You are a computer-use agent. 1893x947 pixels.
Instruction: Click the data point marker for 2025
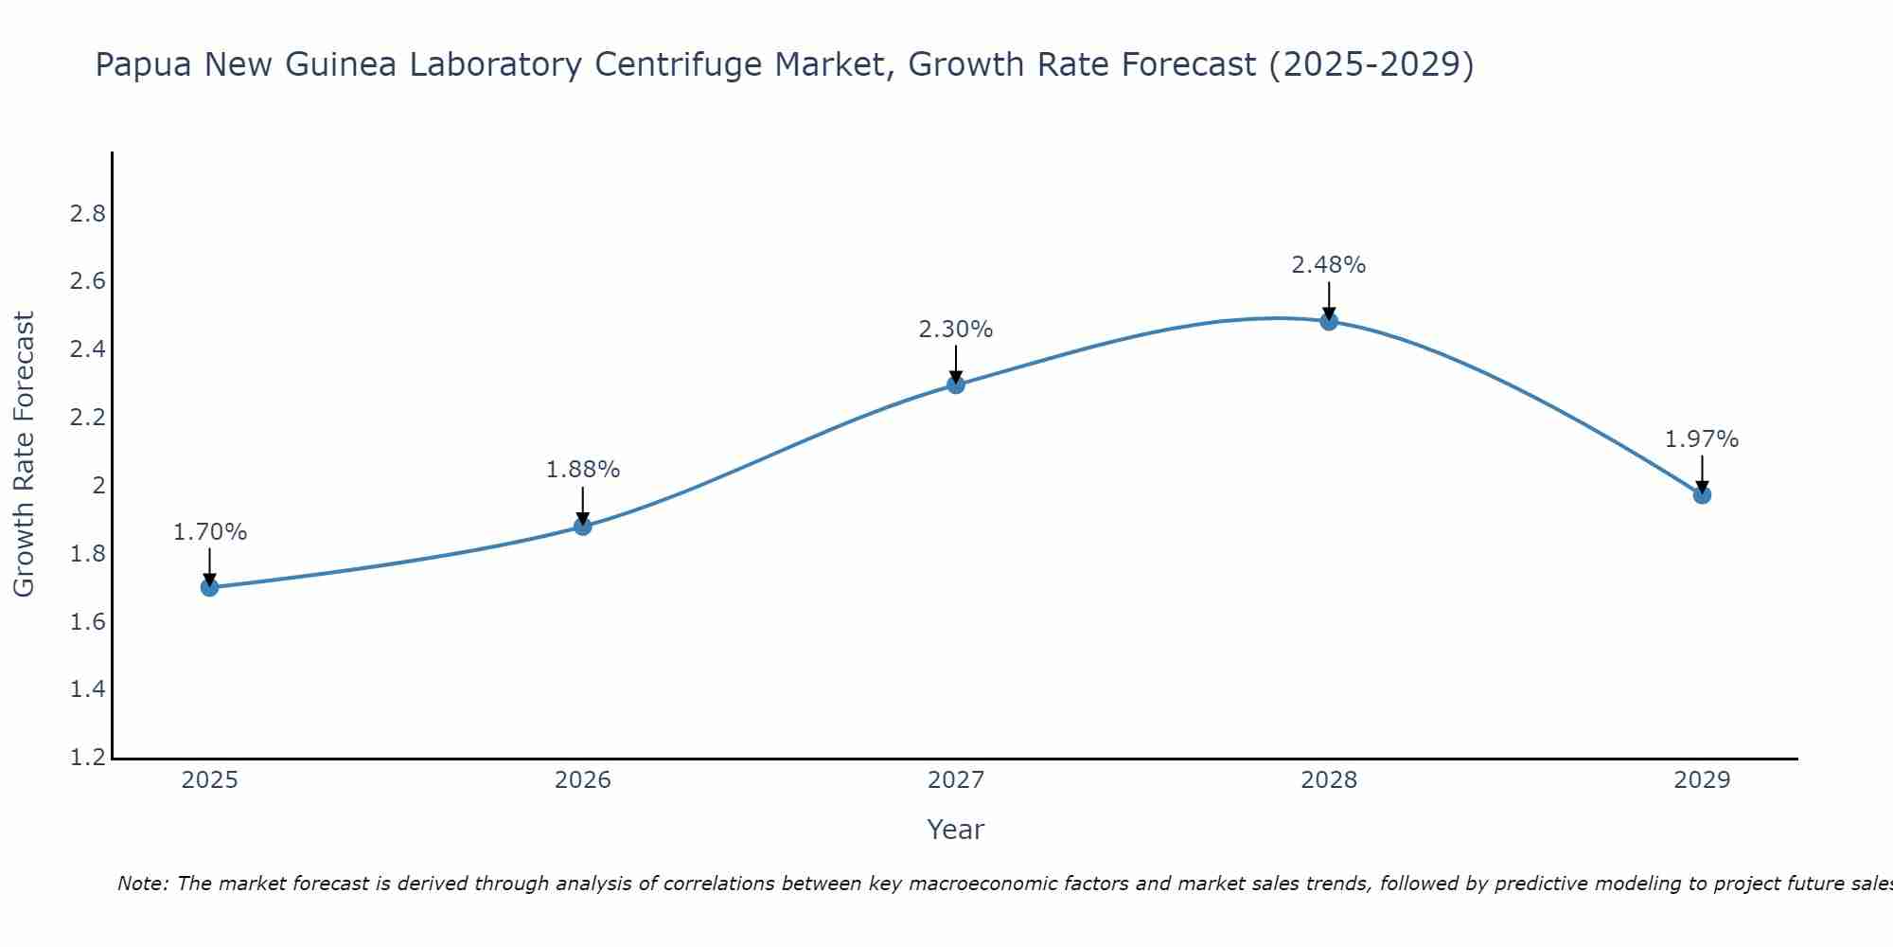point(210,587)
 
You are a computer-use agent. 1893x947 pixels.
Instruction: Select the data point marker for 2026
point(583,526)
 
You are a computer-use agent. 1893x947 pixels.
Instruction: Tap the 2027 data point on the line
point(956,384)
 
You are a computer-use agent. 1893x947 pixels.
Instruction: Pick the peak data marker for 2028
point(1329,321)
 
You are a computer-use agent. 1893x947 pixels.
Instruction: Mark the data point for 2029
point(1702,494)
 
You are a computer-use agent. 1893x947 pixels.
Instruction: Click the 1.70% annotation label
point(210,532)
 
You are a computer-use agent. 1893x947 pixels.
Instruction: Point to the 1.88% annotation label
point(583,470)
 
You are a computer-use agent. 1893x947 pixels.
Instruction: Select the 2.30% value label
point(956,330)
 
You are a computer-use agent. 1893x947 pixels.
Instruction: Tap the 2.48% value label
point(1329,265)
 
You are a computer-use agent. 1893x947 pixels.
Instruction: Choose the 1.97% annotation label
point(1702,439)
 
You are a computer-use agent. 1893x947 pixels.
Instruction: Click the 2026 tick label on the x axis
point(583,780)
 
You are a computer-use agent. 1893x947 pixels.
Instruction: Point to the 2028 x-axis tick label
point(1329,780)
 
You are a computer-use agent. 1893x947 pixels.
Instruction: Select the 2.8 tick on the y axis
point(88,214)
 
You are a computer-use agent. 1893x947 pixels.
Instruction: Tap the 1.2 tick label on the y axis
point(88,758)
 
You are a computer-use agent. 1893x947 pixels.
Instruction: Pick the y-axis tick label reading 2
point(98,486)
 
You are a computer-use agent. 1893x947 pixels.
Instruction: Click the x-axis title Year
point(956,830)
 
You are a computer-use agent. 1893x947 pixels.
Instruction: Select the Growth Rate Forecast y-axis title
point(25,455)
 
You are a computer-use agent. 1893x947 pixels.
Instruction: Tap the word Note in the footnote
point(142,884)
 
